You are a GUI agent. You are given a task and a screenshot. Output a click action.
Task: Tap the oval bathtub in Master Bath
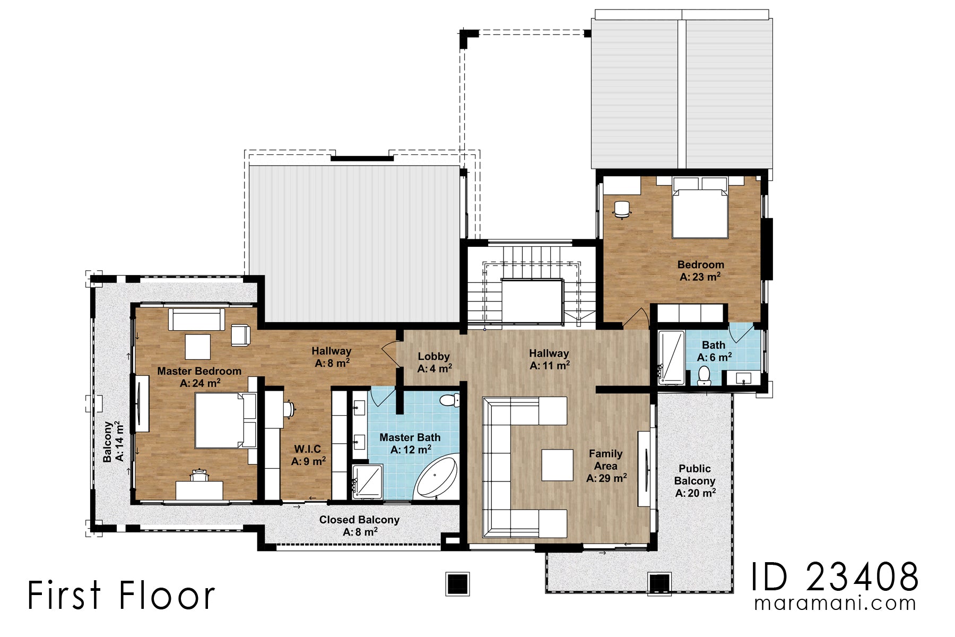coord(436,477)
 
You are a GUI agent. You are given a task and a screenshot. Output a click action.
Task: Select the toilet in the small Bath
coord(704,376)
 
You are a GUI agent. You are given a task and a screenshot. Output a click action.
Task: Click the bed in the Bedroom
coord(699,210)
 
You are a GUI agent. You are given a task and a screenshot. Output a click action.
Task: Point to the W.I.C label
coord(308,455)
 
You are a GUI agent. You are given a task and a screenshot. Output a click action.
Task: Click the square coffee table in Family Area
coord(557,465)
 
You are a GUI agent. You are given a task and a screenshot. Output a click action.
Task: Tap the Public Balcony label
coord(694,480)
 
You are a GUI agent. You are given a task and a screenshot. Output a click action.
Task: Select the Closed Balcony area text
coord(359,526)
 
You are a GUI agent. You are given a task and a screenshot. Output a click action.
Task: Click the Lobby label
coord(434,362)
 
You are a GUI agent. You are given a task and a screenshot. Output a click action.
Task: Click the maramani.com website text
coord(835,604)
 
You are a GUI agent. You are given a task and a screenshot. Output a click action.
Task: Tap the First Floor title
coord(121,595)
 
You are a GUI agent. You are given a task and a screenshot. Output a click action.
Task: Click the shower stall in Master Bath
coord(367,482)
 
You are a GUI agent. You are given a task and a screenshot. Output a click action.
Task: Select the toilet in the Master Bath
coord(450,400)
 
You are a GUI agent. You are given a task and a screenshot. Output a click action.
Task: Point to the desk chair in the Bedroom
coord(622,209)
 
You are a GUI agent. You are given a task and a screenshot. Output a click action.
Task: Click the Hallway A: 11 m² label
coord(549,359)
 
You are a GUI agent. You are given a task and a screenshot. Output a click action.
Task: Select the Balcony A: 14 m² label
coord(113,442)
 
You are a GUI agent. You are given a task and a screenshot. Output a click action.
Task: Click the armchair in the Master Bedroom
coord(240,335)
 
